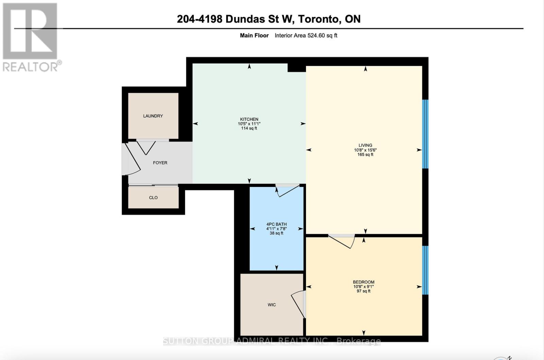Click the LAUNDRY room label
pos(153,116)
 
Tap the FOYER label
pos(160,163)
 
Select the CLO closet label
pos(153,198)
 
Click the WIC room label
pos(271,305)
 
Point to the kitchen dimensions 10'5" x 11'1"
pos(249,124)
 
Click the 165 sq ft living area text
pos(365,155)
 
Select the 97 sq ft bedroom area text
pos(363,291)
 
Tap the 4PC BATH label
pos(276,224)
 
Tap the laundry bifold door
pos(147,147)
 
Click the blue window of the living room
pos(425,134)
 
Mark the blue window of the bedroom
pos(425,270)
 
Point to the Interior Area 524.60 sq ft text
pos(306,35)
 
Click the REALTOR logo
pos(31,37)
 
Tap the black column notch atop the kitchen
pos(296,67)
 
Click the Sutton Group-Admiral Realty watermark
pos(272,341)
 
